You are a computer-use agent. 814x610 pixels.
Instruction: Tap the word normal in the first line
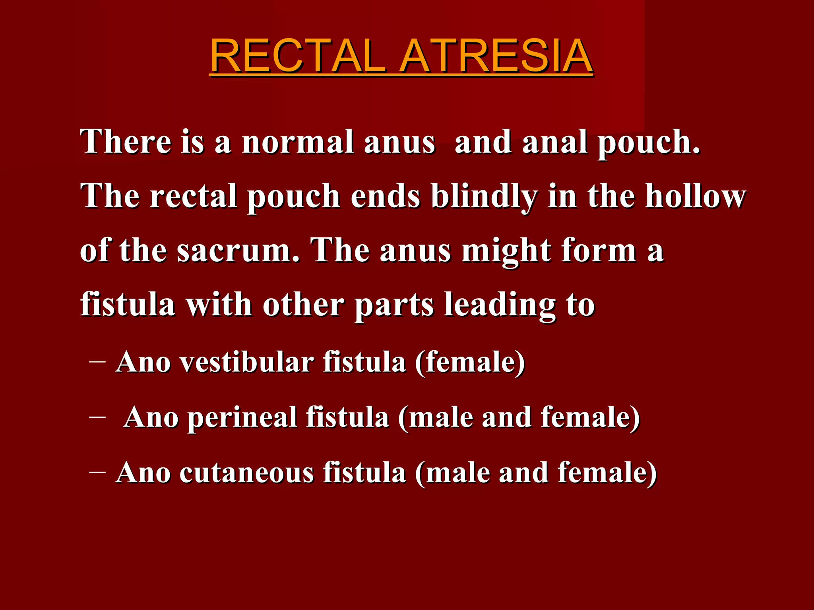298,142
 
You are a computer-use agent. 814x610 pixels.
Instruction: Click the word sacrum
238,251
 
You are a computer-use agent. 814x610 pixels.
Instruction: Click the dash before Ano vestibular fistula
98,362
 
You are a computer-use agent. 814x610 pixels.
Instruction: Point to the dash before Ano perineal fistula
98,417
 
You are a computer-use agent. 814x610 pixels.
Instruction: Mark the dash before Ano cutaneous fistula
98,472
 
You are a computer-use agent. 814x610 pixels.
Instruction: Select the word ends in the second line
385,197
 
